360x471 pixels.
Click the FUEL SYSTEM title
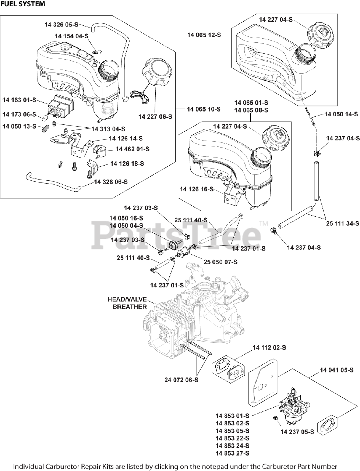tap(23, 4)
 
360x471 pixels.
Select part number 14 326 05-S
tap(61, 24)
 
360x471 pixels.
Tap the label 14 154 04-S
tap(71, 36)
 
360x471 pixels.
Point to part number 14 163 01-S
tap(19, 99)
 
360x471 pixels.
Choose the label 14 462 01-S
tap(133, 149)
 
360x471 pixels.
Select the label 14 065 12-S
tap(204, 35)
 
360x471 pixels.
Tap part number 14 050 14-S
tap(341, 114)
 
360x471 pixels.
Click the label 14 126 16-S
tap(197, 189)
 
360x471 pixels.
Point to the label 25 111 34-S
tap(343, 223)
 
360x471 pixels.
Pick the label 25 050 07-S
tap(220, 262)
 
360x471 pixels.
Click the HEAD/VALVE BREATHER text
tap(127, 303)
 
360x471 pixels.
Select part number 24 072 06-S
tap(181, 379)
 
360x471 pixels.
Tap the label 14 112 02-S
tap(269, 347)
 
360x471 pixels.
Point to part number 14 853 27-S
tap(232, 453)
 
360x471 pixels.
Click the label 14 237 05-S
tap(297, 432)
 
